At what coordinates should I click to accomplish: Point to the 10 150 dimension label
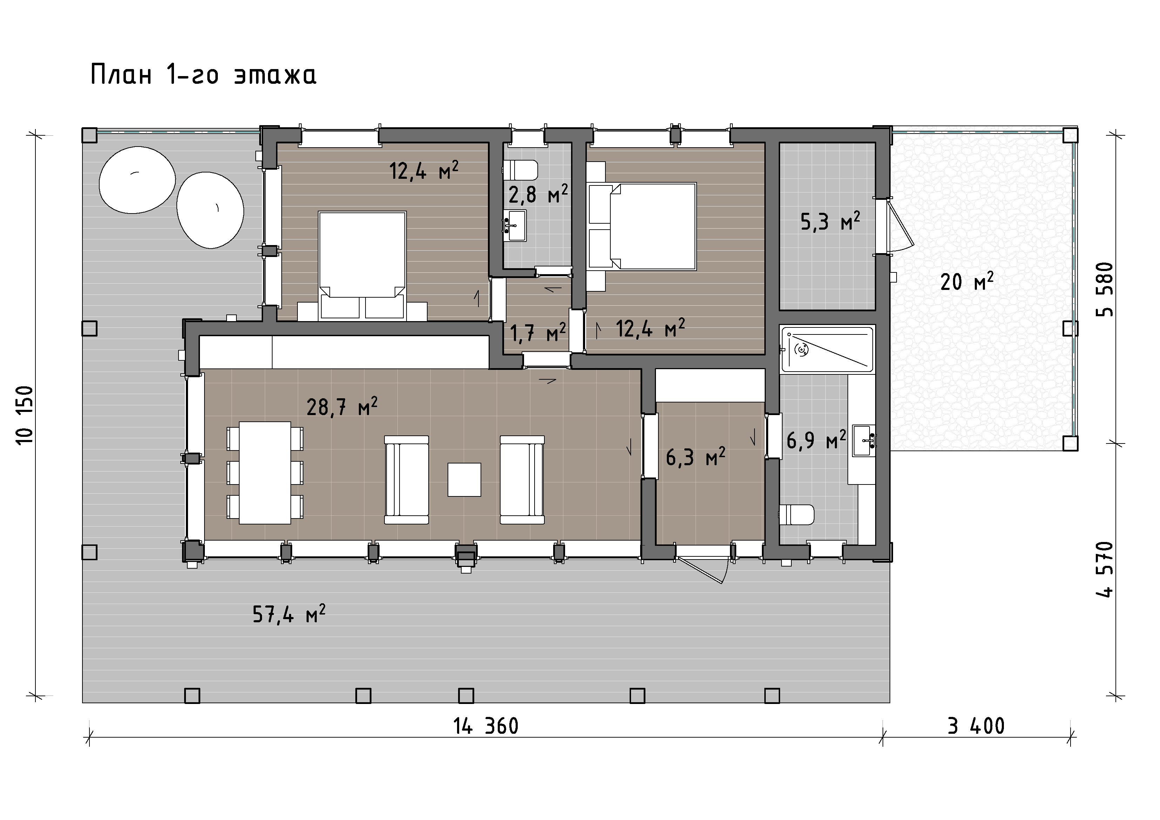click(25, 414)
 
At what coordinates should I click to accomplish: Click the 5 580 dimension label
click(1105, 289)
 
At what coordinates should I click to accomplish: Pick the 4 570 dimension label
click(1105, 570)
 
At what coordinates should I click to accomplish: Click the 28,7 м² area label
click(342, 406)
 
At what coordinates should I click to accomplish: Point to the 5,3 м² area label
click(830, 221)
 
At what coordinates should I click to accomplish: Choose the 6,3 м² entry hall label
click(696, 457)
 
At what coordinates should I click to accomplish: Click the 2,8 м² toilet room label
click(538, 194)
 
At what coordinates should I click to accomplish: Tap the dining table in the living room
click(265, 473)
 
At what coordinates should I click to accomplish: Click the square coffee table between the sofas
click(464, 480)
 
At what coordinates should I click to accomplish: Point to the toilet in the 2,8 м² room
click(521, 170)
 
